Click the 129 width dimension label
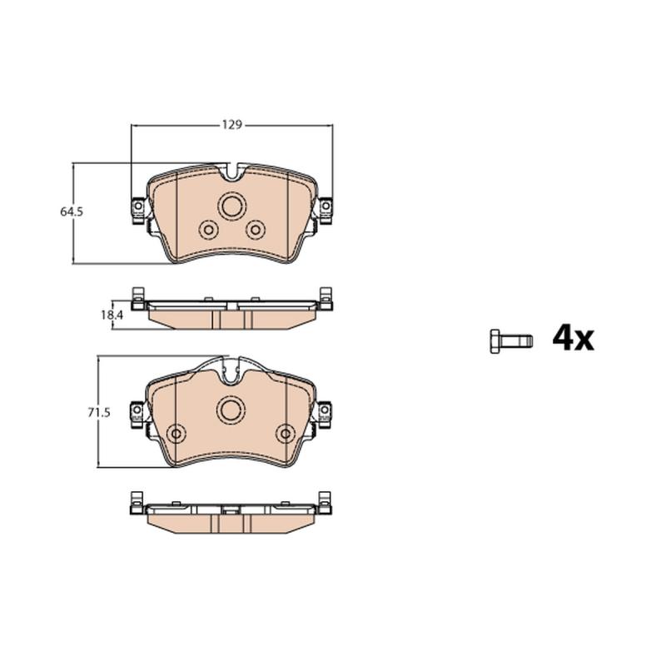coord(232,125)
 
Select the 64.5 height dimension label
coord(72,212)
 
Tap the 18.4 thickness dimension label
coord(112,316)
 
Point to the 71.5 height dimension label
coord(99,412)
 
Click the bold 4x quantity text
coord(573,338)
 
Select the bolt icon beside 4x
coord(511,341)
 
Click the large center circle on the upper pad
coord(232,206)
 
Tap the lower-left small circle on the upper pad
coord(208,230)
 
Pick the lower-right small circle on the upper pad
coord(256,230)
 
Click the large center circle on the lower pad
coord(231,410)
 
